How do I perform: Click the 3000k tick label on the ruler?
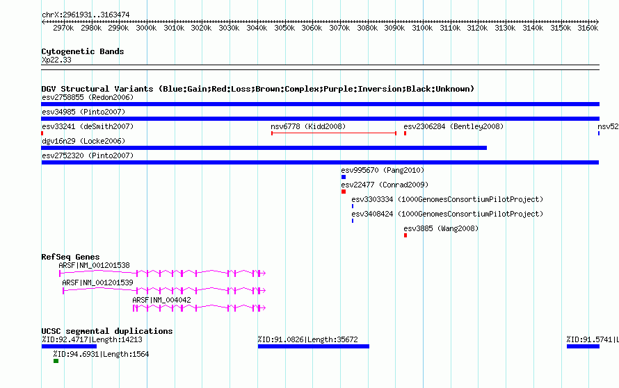[146, 28]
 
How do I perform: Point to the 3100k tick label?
[422, 28]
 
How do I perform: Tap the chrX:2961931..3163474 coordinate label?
[86, 15]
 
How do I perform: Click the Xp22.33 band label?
[56, 60]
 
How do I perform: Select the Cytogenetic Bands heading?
[83, 51]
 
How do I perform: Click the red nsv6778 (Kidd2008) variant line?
[334, 133]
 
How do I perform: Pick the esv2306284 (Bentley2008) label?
[453, 126]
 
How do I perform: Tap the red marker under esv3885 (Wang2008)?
[405, 235]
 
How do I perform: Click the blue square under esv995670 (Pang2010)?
[344, 177]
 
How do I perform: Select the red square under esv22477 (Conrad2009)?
[344, 192]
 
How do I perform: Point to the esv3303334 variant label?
[372, 199]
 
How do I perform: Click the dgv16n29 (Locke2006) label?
[83, 141]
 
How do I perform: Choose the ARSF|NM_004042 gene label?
[161, 300]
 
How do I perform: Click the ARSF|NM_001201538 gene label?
[94, 265]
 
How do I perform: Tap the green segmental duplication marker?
[56, 361]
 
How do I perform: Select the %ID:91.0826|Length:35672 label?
[308, 339]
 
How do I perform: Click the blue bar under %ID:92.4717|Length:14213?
[69, 346]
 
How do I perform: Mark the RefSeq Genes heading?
[70, 257]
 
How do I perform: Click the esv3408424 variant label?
[372, 214]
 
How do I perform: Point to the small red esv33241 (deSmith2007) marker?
[42, 133]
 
